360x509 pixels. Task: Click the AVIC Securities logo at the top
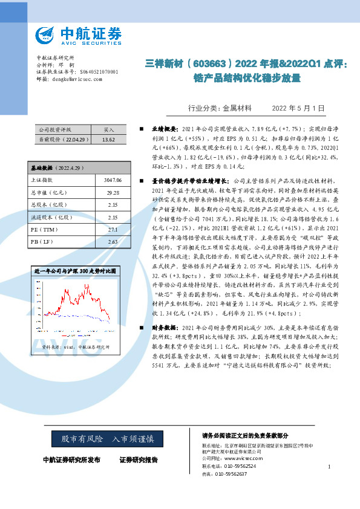click(x=78, y=34)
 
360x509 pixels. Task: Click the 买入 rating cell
click(x=108, y=129)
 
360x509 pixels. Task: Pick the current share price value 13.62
click(x=108, y=139)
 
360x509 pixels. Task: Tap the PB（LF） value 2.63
click(x=113, y=242)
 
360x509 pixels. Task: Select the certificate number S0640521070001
click(x=97, y=72)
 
